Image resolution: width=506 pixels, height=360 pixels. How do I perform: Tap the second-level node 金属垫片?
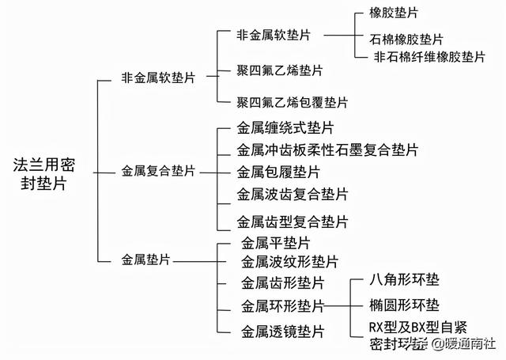pyautogui.click(x=146, y=259)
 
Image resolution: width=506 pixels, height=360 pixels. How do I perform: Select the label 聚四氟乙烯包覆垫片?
pyautogui.click(x=292, y=102)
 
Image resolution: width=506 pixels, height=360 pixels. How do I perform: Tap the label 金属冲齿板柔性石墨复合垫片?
pyautogui.click(x=327, y=150)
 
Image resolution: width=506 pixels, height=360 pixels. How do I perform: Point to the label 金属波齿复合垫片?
pyautogui.click(x=292, y=194)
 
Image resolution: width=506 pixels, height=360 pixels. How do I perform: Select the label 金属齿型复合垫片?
pyautogui.click(x=292, y=222)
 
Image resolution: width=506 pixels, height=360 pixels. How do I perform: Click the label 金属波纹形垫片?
pyautogui.click(x=289, y=261)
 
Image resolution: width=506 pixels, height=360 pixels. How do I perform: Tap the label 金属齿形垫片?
pyautogui.click(x=282, y=283)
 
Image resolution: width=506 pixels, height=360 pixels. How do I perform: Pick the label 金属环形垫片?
pyautogui.click(x=282, y=305)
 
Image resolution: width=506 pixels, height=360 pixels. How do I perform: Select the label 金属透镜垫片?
pyautogui.click(x=282, y=331)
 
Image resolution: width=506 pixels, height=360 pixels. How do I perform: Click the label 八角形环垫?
pyautogui.click(x=405, y=280)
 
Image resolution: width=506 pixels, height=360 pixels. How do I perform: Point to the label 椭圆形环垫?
pyautogui.click(x=405, y=304)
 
